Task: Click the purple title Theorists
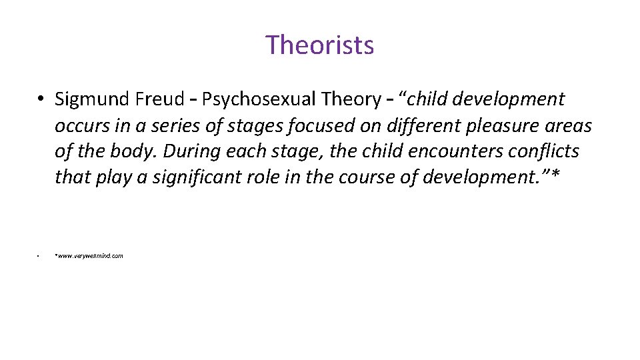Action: pos(320,45)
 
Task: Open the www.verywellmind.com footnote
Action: pos(89,256)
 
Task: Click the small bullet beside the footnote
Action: pos(39,256)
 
